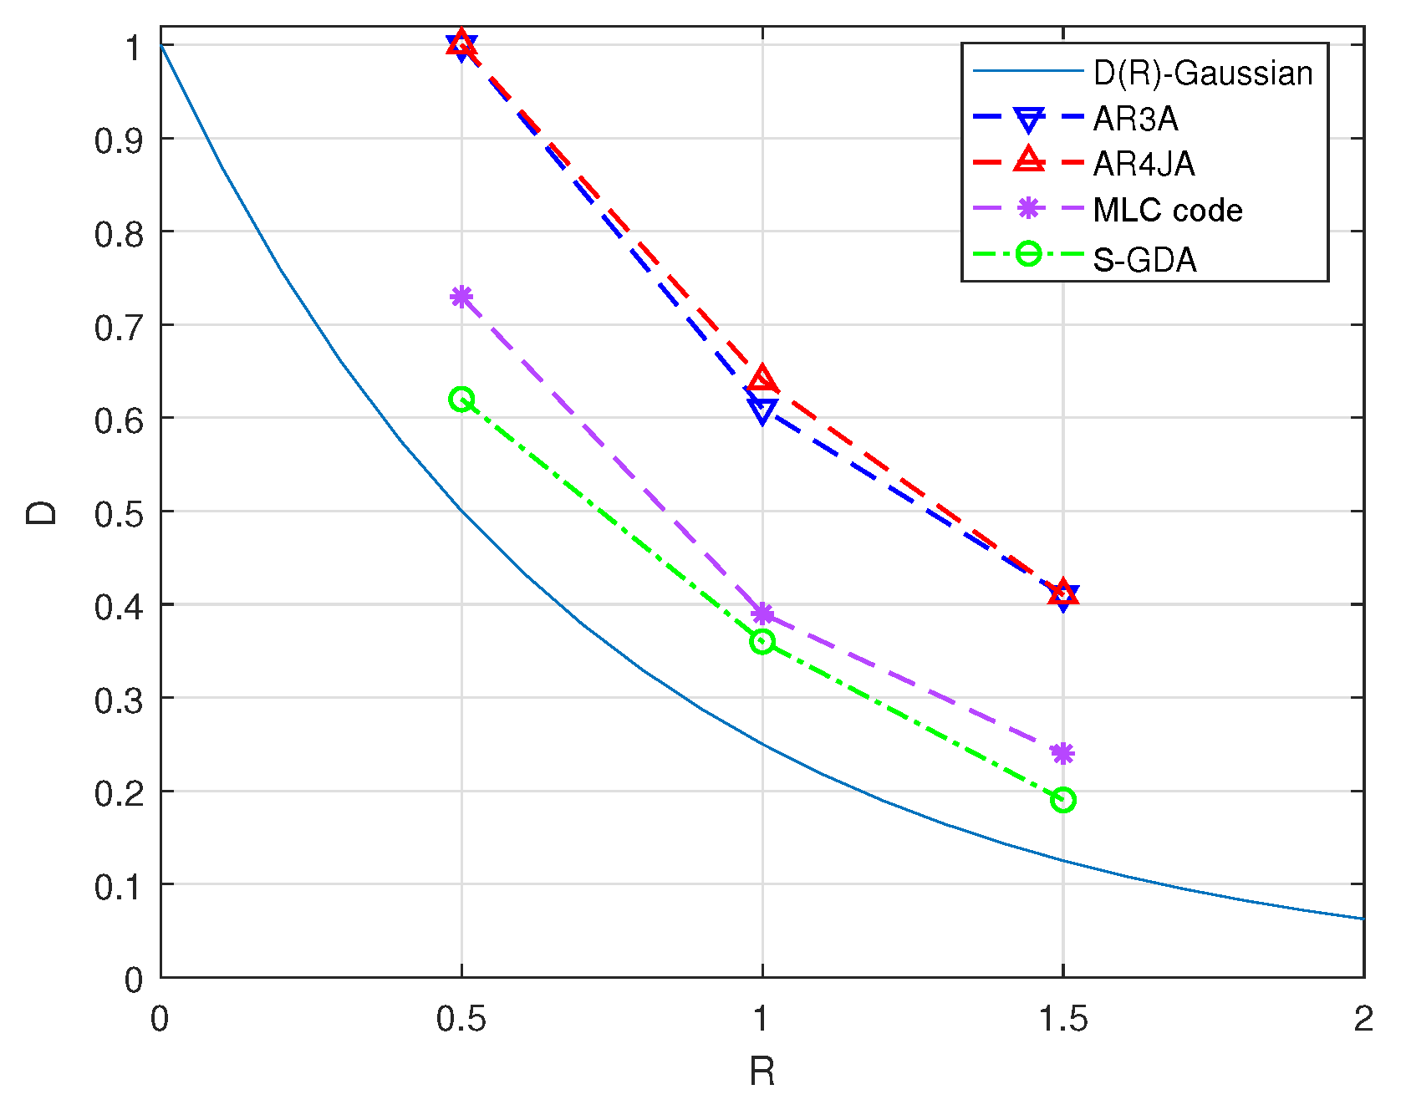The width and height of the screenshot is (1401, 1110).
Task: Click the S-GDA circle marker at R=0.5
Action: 461,400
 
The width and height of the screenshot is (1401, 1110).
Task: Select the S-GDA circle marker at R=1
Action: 762,642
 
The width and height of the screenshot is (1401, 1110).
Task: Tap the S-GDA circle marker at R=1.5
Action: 1062,800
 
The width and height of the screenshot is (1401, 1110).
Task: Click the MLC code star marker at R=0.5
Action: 461,297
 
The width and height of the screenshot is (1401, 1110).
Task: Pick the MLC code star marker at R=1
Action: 762,614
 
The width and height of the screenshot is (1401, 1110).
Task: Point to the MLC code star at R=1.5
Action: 1062,754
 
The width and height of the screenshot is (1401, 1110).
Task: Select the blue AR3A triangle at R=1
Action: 762,410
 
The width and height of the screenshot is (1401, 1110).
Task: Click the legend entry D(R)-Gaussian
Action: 1203,74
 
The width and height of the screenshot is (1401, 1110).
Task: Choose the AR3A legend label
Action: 1135,120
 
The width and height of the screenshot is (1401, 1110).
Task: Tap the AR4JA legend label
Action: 1144,164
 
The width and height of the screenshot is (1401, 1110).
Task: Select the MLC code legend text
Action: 1167,211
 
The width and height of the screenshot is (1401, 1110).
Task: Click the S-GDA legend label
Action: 1144,260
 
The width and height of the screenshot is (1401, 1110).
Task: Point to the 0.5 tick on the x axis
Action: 461,1019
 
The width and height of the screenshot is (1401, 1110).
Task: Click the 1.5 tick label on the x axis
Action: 1062,1019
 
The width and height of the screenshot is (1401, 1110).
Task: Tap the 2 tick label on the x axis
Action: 1363,1019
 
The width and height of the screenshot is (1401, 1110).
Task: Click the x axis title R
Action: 762,1072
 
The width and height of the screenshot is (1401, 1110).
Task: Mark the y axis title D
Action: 42,512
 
